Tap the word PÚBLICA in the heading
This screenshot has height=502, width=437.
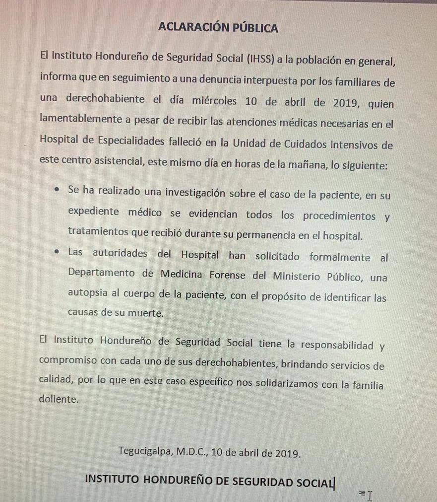(255, 28)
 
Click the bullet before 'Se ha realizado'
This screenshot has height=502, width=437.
(59, 190)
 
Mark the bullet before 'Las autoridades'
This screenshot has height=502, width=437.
(59, 252)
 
